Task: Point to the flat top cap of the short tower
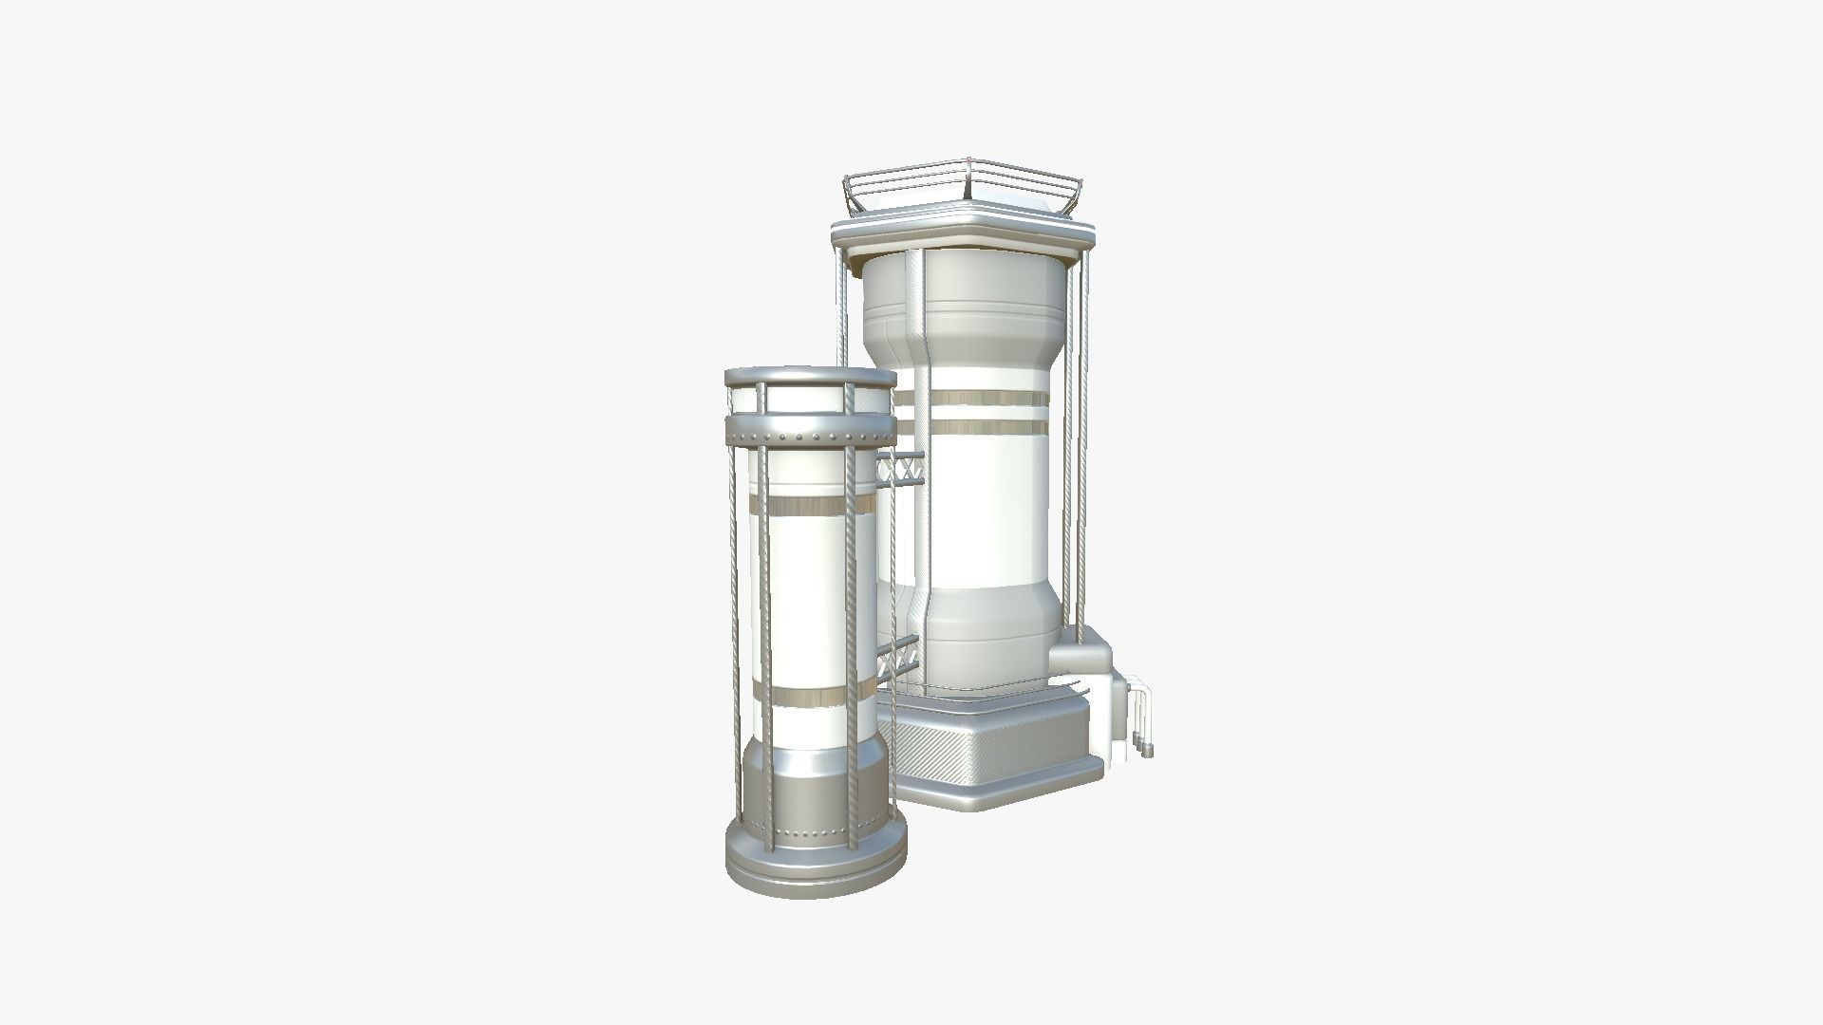point(810,378)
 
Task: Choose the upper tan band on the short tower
point(810,503)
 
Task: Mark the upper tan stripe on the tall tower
point(987,398)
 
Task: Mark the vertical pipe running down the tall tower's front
point(919,427)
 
